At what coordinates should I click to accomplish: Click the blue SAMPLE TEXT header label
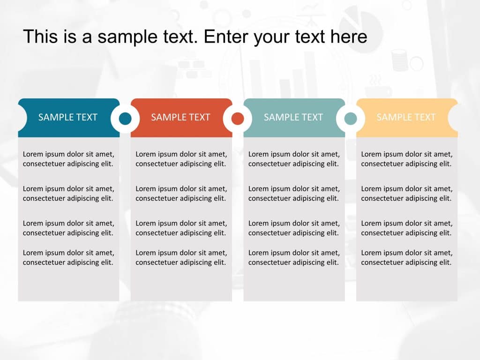(67, 117)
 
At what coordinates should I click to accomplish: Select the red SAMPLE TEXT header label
(180, 117)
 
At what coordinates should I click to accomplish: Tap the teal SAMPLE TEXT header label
(293, 117)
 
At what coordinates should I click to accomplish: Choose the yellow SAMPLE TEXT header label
(406, 117)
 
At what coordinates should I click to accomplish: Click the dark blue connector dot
(125, 119)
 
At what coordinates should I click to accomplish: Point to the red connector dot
(238, 119)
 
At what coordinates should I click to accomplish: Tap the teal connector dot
(351, 119)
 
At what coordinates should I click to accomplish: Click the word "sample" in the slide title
(123, 37)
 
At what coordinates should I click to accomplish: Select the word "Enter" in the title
(226, 37)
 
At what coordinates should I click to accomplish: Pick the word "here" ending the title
(349, 37)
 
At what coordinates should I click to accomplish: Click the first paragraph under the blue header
(68, 159)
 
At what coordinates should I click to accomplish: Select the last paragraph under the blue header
(68, 257)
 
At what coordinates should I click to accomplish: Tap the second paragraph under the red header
(181, 193)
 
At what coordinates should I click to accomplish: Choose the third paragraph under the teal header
(294, 228)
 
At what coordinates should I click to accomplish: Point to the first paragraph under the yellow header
(406, 159)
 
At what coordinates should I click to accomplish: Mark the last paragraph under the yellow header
(406, 257)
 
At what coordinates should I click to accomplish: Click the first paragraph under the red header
(181, 159)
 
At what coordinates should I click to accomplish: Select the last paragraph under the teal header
(294, 257)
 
